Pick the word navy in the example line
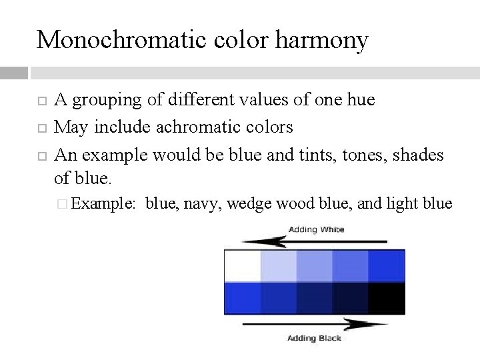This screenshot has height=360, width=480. coord(203,204)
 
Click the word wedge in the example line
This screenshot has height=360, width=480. coord(245,204)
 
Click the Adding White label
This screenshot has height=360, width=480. coord(316,229)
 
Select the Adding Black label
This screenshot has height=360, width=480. coord(314,338)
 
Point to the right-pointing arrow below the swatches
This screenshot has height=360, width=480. coord(314,325)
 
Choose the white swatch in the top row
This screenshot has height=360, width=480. coord(243,265)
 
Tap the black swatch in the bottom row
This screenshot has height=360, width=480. coord(387,298)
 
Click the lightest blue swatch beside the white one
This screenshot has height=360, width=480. coord(279,265)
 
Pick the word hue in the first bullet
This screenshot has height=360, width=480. coord(360,101)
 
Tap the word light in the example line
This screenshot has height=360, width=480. coord(399,204)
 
